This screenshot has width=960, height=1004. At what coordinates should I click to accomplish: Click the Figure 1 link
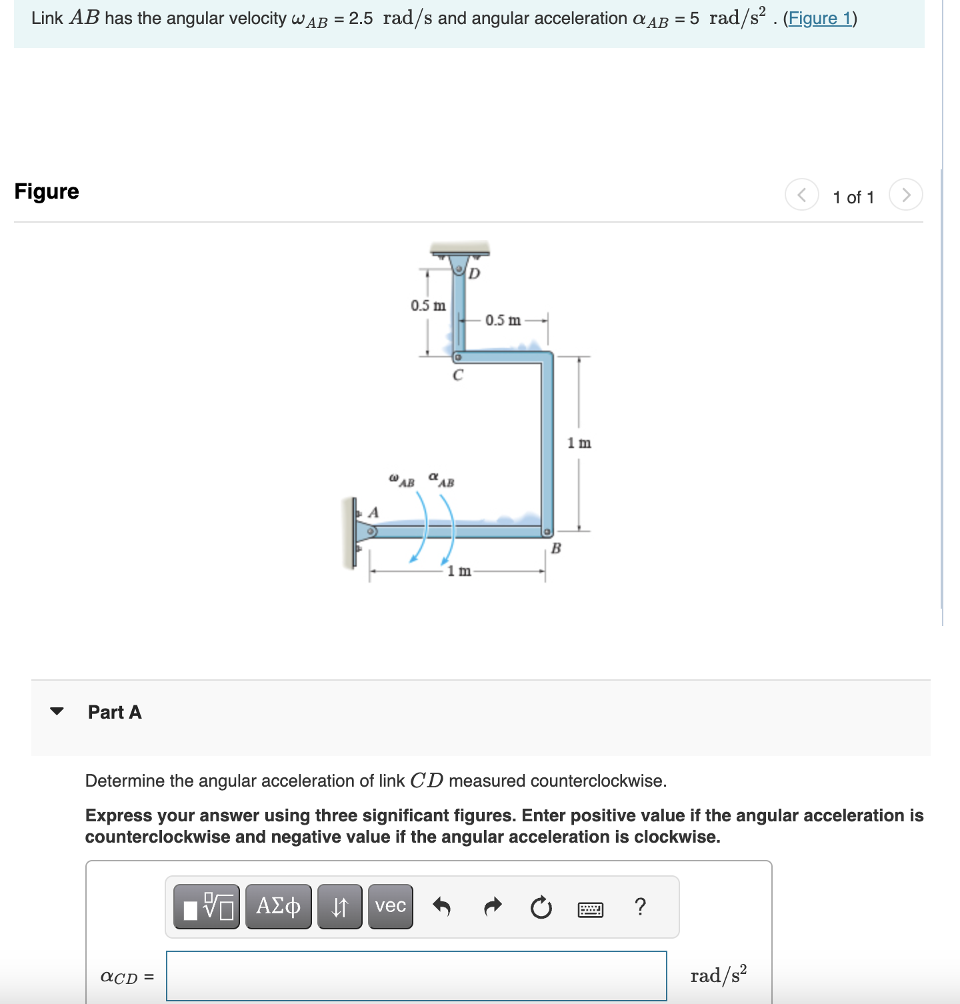point(819,18)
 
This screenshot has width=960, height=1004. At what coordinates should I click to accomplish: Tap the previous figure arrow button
point(801,195)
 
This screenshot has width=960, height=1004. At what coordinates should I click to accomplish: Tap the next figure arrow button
point(905,195)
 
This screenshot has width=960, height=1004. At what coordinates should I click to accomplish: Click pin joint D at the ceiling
point(459,269)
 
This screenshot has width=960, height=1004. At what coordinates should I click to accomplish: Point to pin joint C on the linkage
point(458,357)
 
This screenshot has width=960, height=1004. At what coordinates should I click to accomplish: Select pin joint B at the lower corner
point(546,532)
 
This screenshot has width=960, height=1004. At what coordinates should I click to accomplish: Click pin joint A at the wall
point(372,531)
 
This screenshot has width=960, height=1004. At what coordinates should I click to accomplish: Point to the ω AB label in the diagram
point(401,480)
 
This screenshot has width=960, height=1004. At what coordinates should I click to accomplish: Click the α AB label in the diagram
point(441,479)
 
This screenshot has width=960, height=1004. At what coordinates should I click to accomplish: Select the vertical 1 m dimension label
point(579,443)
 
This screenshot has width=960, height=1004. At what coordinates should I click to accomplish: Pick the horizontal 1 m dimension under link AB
point(459,571)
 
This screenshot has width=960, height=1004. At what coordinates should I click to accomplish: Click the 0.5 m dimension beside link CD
point(428,305)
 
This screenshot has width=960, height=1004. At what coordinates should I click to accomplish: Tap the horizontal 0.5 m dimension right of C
point(503,320)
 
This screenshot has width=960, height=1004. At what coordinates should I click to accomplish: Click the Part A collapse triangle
point(57,711)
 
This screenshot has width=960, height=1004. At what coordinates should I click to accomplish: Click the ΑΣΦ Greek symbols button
point(278,906)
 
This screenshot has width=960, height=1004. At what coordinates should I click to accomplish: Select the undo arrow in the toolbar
point(441,907)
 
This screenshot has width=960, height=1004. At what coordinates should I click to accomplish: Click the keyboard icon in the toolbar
point(590,909)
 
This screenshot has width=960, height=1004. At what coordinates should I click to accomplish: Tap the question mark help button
point(640,907)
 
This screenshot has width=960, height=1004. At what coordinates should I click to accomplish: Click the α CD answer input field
point(416,976)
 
